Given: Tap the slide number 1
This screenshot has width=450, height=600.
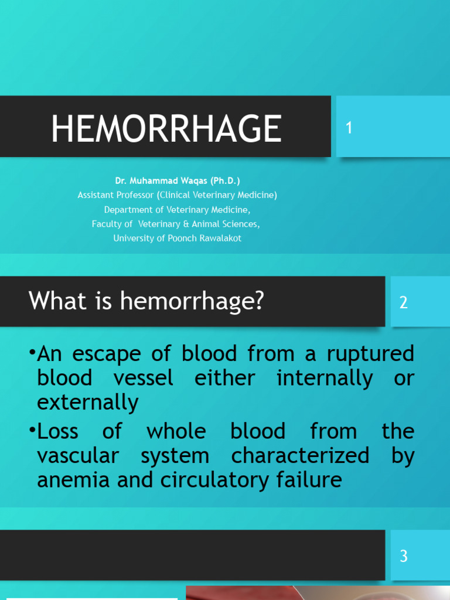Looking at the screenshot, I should click(x=349, y=128).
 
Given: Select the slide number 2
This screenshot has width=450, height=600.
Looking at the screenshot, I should click(x=403, y=302).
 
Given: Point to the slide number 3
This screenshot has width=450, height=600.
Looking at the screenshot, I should click(x=403, y=555).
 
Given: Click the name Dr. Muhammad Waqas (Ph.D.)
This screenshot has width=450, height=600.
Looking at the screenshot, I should click(x=178, y=181).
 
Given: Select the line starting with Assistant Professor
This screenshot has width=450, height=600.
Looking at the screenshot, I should click(x=178, y=195).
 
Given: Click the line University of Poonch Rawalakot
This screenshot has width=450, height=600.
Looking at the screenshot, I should click(x=178, y=238).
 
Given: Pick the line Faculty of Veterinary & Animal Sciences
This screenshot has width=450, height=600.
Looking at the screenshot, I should click(x=176, y=224).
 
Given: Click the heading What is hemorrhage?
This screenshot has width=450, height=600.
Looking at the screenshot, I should click(x=146, y=301).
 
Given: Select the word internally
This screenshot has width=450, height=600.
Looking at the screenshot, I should click(x=325, y=379).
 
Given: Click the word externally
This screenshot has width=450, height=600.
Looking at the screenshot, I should click(x=88, y=403).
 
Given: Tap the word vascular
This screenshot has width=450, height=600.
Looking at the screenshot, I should click(x=78, y=456).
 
